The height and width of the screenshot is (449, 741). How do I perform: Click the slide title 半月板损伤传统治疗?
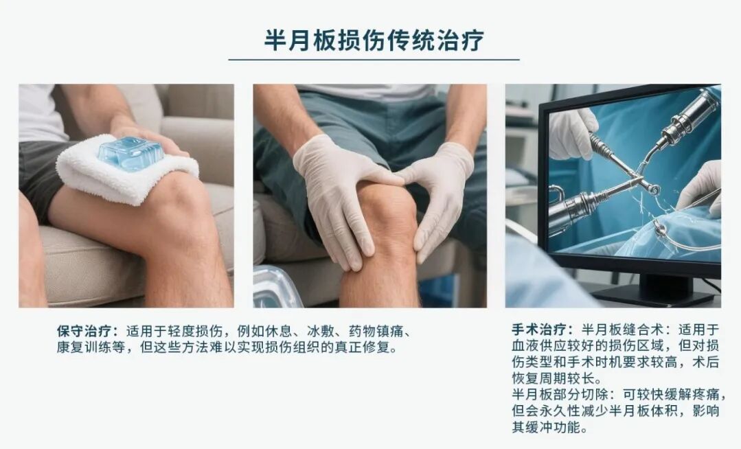pos(374,40)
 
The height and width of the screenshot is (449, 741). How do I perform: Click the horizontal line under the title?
pos(374,60)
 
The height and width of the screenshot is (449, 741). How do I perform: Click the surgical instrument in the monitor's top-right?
pos(687,120)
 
